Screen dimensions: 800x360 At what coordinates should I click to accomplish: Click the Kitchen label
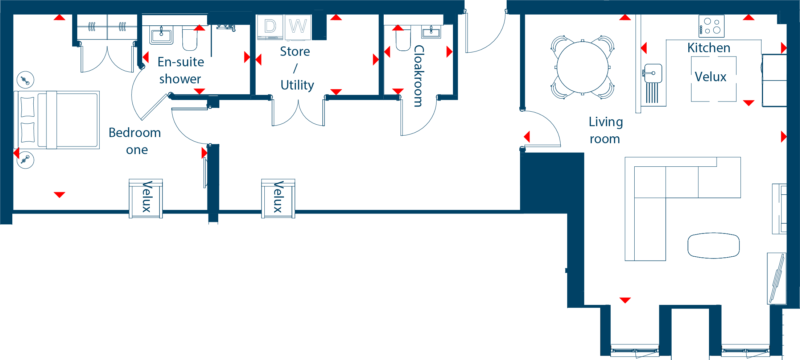point(709,48)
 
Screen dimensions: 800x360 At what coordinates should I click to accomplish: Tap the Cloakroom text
point(418,76)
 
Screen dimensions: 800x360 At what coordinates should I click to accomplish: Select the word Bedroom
point(135,133)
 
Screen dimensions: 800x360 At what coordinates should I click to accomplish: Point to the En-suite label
point(181,62)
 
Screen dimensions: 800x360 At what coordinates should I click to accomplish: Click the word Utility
point(297,85)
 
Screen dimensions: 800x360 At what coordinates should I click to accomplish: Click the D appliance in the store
point(270,27)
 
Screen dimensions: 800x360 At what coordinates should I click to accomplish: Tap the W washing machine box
point(298,27)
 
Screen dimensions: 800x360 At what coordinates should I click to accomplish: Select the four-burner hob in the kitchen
point(712,26)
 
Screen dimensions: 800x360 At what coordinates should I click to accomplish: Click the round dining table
point(582,67)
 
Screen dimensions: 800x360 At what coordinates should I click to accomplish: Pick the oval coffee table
point(714,245)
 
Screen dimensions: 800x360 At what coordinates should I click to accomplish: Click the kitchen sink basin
point(653,74)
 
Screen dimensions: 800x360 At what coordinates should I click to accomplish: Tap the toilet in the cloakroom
point(403,40)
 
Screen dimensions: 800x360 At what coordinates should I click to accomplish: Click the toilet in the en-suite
point(190,39)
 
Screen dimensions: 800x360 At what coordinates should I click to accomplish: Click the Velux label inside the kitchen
point(710,77)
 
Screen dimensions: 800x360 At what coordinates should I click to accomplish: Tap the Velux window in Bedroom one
point(146,198)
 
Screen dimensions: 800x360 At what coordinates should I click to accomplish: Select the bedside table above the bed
point(25,80)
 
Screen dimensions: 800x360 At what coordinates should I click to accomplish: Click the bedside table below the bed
point(25,160)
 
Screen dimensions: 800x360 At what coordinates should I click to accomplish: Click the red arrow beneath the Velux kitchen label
point(749,103)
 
